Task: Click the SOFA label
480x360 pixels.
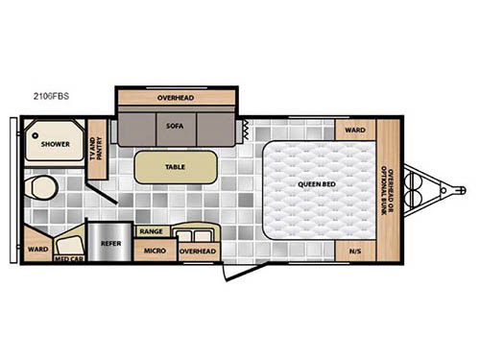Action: [175, 126]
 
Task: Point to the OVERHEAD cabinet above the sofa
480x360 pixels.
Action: [176, 97]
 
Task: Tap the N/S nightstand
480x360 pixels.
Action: [354, 252]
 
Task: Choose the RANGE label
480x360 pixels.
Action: [151, 231]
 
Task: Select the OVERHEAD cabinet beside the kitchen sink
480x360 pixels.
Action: [198, 251]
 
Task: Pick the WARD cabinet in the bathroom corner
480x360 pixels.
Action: [37, 250]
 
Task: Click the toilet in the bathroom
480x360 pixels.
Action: [38, 185]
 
